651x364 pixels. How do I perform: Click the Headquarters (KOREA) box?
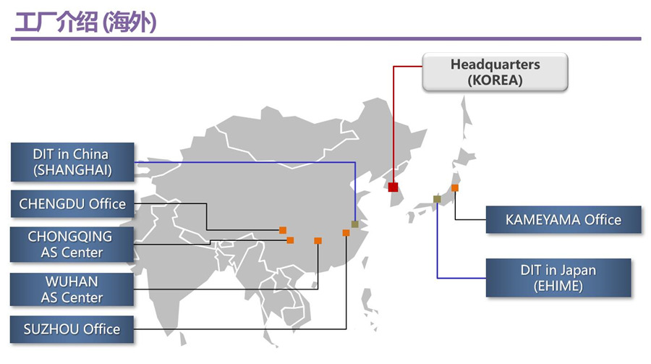point(495,72)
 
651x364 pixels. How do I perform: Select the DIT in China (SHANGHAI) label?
point(71,162)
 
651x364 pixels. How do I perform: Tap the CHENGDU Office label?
point(72,203)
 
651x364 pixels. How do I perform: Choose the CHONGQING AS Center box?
point(71,244)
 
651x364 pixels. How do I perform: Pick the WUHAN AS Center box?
point(71,289)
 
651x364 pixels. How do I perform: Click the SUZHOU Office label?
point(71,329)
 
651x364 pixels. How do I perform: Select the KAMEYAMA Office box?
point(563,219)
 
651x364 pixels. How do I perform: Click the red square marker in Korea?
point(393,187)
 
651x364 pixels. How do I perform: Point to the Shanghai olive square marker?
point(354,224)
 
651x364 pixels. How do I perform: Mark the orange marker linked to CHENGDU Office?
point(283,230)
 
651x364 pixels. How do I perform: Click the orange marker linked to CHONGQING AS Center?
point(290,240)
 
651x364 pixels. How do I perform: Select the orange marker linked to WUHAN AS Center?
point(318,240)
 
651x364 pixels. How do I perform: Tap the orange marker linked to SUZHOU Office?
point(346,233)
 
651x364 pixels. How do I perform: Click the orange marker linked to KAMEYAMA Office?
point(455,188)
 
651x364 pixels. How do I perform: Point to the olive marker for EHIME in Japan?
point(437,199)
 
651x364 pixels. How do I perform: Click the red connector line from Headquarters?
point(393,123)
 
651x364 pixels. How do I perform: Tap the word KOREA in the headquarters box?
point(495,80)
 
